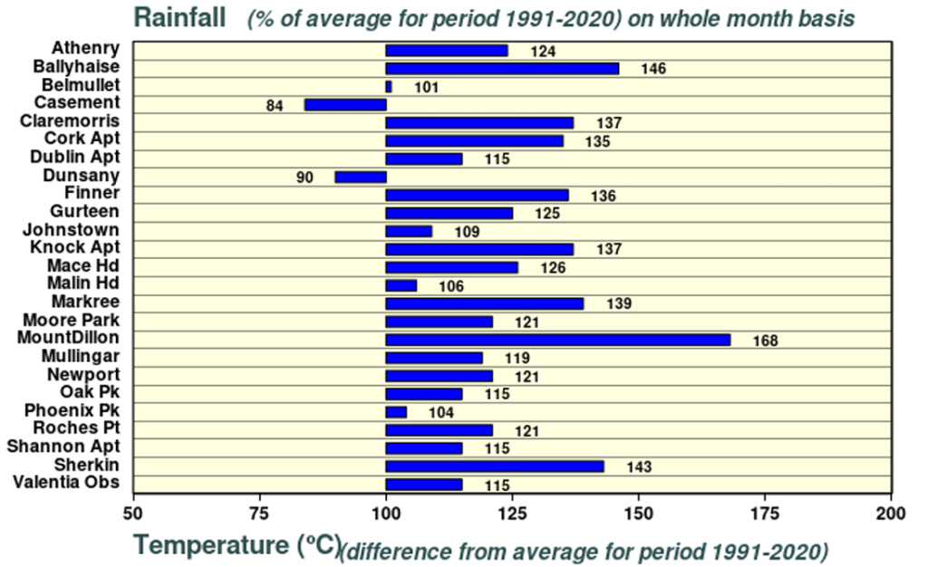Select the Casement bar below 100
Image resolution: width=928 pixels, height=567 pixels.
(345, 105)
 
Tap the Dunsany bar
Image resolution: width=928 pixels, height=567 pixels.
(361, 177)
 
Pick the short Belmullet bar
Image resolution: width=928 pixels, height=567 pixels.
(389, 87)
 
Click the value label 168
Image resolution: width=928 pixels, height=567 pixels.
(765, 341)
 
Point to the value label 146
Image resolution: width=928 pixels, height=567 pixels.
(653, 70)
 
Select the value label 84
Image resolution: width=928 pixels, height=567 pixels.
(275, 106)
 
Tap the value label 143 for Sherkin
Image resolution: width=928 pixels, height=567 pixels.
(638, 467)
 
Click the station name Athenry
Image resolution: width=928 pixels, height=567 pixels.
(84, 47)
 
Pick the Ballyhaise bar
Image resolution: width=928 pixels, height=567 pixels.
(502, 69)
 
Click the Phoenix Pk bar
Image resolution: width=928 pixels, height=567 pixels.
(396, 412)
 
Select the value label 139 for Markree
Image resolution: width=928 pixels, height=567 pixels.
(618, 304)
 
